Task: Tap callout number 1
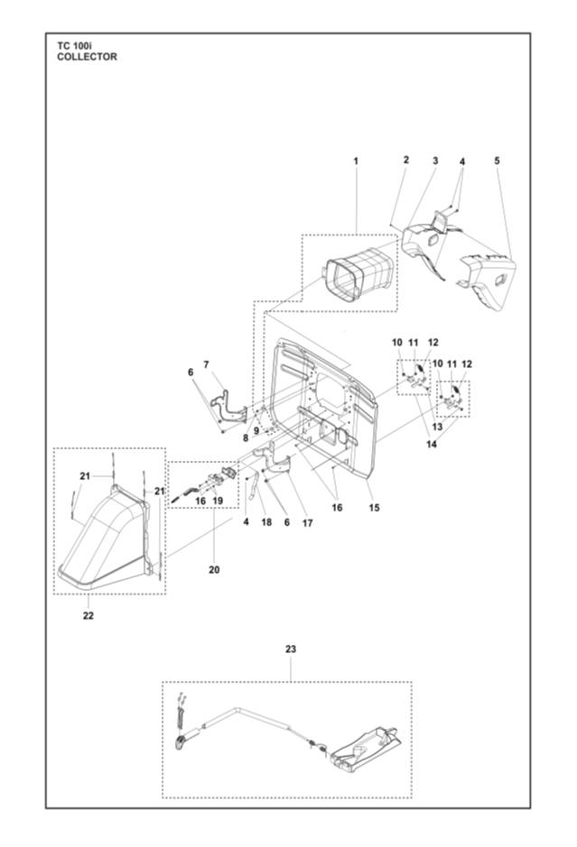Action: point(356,161)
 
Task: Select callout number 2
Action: point(406,160)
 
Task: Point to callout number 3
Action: point(434,161)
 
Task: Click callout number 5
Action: point(497,161)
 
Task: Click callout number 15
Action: point(374,508)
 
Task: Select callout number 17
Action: point(307,522)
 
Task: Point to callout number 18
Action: point(266,522)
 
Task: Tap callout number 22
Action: point(87,617)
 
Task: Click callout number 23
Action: point(291,649)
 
